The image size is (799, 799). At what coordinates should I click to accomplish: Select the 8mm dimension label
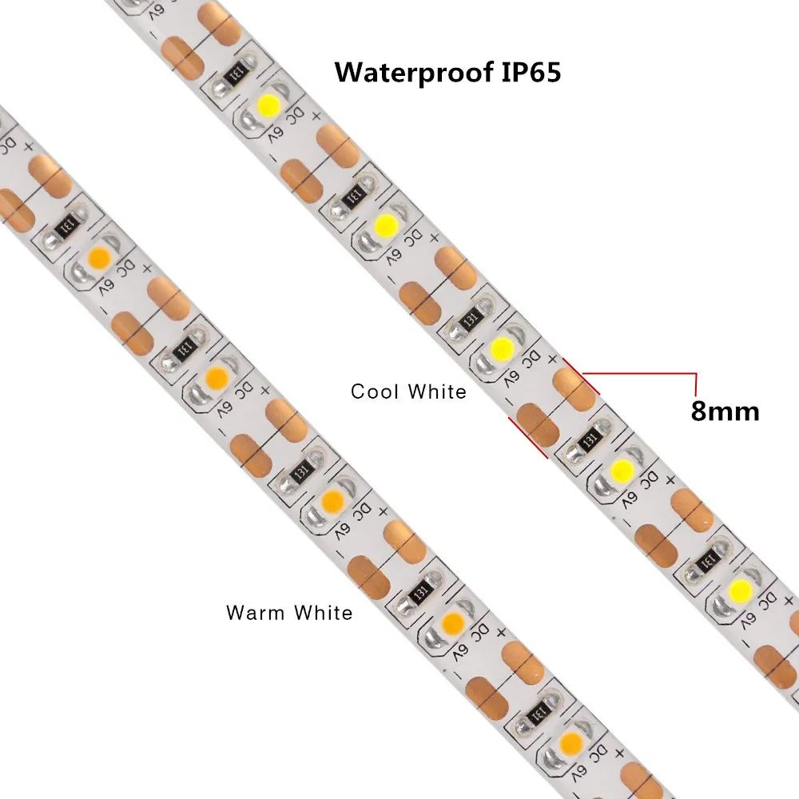click(x=725, y=411)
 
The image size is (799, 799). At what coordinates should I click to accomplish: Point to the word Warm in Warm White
click(x=256, y=613)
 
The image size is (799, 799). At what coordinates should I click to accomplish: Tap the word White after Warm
click(x=323, y=613)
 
